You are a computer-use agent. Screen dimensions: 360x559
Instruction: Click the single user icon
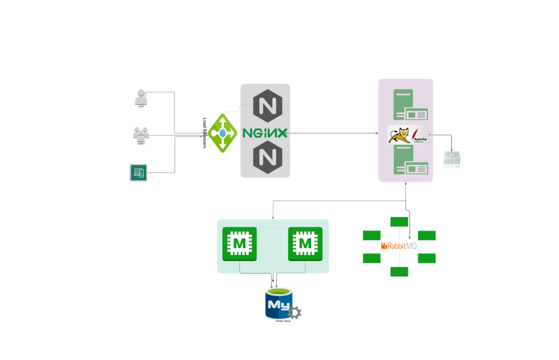click(141, 96)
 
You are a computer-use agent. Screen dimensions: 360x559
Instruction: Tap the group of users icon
click(141, 134)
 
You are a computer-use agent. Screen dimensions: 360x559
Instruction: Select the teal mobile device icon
click(138, 173)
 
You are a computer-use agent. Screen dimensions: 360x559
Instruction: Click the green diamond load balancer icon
click(222, 133)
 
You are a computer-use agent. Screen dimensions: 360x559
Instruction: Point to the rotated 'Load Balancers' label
click(205, 133)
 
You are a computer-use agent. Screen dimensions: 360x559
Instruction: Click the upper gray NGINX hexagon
click(267, 106)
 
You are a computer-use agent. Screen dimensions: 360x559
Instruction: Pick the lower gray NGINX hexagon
click(267, 157)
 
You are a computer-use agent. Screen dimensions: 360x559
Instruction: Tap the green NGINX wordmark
click(265, 133)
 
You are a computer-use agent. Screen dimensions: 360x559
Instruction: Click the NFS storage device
click(452, 160)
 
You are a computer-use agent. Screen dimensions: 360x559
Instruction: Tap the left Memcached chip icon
click(239, 243)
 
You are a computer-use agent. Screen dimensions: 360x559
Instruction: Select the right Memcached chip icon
click(305, 243)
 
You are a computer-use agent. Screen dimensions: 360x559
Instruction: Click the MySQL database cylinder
click(279, 303)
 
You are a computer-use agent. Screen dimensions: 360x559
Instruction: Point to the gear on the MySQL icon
click(294, 313)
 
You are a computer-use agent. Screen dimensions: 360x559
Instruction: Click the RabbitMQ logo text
click(399, 246)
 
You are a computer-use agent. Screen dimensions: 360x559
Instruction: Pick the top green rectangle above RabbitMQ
click(399, 222)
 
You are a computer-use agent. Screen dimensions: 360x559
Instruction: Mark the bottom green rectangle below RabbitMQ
click(399, 271)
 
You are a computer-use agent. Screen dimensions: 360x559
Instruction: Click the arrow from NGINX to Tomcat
click(330, 133)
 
